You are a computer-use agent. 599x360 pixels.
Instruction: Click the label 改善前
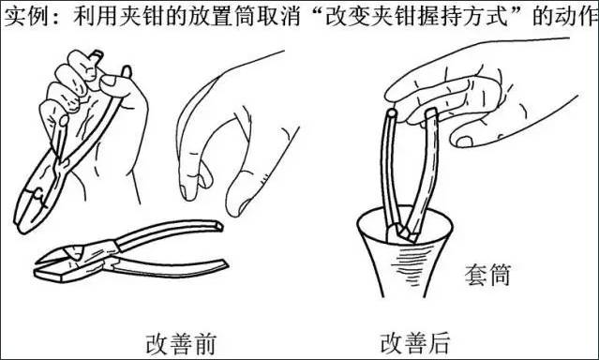tap(181, 343)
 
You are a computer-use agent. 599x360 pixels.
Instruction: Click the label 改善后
tap(414, 343)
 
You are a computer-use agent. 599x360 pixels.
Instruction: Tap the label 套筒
tap(487, 275)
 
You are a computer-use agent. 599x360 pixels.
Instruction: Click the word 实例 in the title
tap(24, 17)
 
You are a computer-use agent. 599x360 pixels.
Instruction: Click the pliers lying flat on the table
tap(130, 251)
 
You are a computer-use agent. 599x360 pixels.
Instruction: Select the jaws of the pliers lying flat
tap(65, 262)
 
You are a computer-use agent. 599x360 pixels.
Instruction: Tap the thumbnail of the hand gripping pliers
tap(110, 81)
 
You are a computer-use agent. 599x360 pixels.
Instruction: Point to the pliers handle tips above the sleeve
tap(411, 113)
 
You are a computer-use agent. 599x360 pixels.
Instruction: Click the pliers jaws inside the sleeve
tap(403, 232)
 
